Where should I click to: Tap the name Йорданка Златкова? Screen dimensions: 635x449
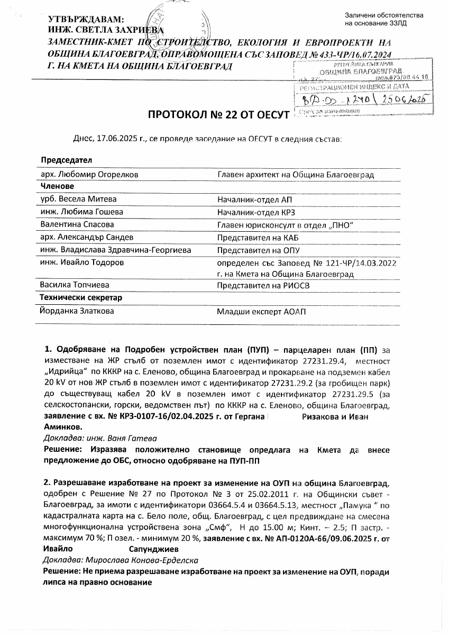pos(77,311)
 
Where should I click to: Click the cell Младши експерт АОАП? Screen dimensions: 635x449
pos(261,312)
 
